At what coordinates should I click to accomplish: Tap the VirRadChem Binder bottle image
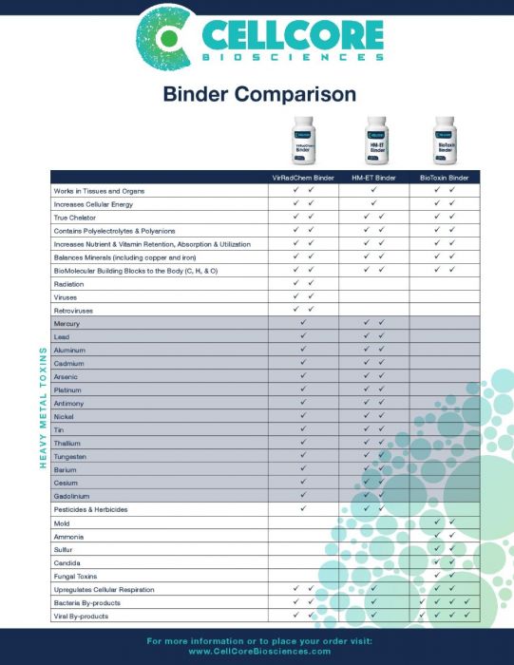coord(303,140)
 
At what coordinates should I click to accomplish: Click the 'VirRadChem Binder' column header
coord(303,178)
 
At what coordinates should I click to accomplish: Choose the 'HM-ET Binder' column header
coord(373,178)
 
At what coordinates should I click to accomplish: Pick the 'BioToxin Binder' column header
coord(444,178)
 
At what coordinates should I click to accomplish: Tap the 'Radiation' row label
coord(69,283)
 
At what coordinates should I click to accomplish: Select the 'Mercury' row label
coord(67,323)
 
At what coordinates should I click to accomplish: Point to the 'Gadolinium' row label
coord(72,495)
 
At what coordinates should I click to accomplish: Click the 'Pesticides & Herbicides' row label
coord(90,509)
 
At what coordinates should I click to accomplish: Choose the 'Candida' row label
coord(68,562)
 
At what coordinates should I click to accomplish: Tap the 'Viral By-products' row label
coord(81,617)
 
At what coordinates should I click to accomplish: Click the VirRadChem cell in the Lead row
coord(303,336)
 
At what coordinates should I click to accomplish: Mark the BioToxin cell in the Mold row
coord(444,522)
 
